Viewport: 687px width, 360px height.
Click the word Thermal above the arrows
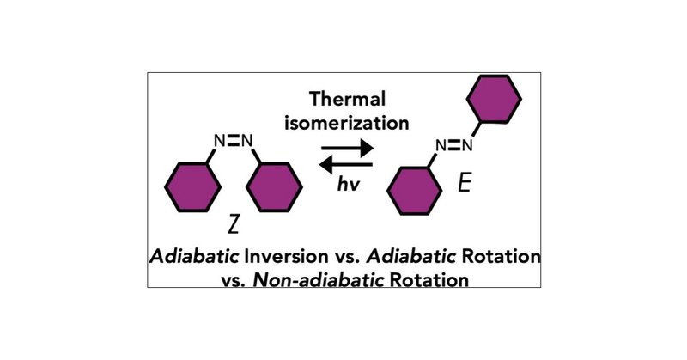pos(347,100)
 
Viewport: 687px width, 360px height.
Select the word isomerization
pos(347,124)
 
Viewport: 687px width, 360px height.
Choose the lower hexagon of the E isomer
pos(416,191)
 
